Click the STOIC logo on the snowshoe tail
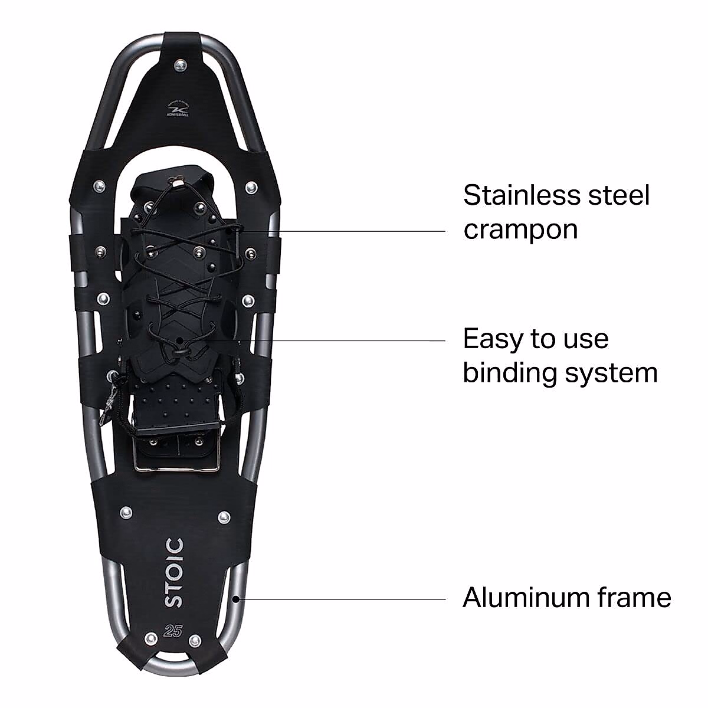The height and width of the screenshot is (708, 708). (x=174, y=573)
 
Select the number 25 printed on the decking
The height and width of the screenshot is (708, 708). (x=173, y=630)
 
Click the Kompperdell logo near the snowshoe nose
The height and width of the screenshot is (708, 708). (x=180, y=111)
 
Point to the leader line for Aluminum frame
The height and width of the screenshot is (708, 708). (x=342, y=599)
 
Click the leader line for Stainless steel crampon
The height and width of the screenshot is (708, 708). (x=342, y=231)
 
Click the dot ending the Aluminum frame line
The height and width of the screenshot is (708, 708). (x=236, y=599)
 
